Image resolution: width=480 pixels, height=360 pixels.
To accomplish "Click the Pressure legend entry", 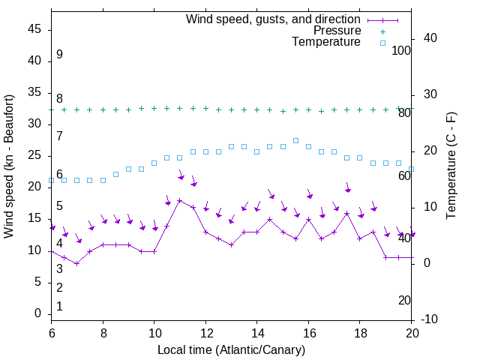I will click(337, 31).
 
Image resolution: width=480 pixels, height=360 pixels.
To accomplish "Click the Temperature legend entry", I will click(326, 42).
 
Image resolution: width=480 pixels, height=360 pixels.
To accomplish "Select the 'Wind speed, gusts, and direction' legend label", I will click(273, 19).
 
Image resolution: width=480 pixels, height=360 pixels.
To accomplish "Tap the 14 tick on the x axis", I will click(256, 332).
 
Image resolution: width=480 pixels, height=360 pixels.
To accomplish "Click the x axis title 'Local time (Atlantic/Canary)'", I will click(231, 349).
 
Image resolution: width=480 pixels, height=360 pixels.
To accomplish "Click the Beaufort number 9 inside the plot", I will click(59, 55).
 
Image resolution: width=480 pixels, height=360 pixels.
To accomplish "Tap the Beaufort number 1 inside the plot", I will click(59, 307).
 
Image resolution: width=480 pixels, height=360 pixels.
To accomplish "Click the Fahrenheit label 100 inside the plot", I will click(402, 51).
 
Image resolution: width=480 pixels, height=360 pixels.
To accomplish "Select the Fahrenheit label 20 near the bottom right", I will click(404, 301).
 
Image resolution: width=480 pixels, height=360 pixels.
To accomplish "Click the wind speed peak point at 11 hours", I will click(179, 200).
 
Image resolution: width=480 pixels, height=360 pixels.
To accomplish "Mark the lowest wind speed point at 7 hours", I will click(76, 263).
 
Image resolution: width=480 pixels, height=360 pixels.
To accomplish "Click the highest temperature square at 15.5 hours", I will click(295, 140).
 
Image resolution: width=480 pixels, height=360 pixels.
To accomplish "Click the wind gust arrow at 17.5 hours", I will click(347, 187).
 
